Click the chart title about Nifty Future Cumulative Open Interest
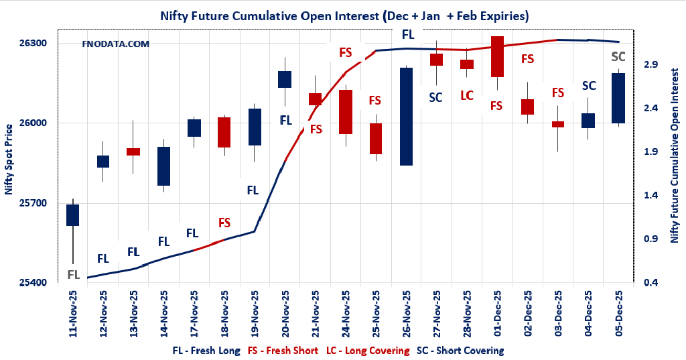pyautogui.click(x=344, y=15)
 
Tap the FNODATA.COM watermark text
pyautogui.click(x=115, y=44)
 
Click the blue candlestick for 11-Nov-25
pyautogui.click(x=73, y=215)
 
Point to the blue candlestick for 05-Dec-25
pyautogui.click(x=618, y=98)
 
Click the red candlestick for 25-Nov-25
pyautogui.click(x=375, y=139)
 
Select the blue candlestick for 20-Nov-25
pyautogui.click(x=285, y=79)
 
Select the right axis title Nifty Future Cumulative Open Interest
pyautogui.click(x=675, y=159)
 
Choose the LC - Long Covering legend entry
pyautogui.click(x=367, y=351)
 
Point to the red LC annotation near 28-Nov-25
pyautogui.click(x=467, y=95)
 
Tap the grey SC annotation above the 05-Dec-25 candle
pyautogui.click(x=618, y=56)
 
